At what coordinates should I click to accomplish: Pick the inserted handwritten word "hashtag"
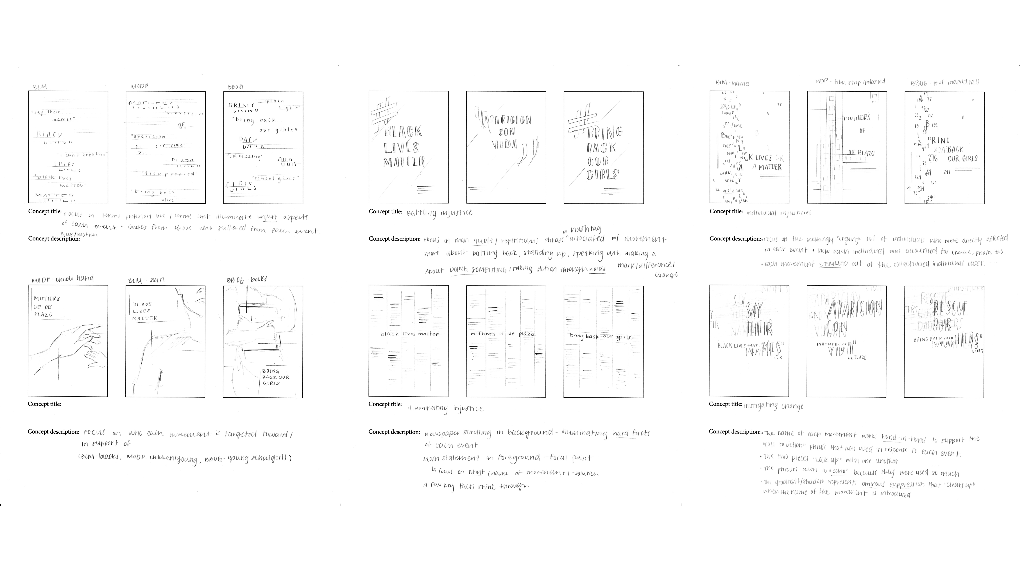pyautogui.click(x=585, y=229)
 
